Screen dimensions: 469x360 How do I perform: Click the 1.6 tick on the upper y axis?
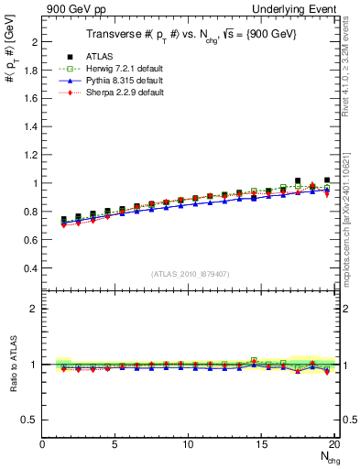click(29, 99)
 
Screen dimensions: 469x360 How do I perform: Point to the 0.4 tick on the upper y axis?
click(29, 268)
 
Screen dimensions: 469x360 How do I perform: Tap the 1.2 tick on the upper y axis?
click(29, 156)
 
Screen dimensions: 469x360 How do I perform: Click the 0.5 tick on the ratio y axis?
click(29, 420)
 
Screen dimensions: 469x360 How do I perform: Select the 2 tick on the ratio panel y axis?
click(35, 309)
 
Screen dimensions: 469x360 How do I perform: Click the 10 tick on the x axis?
click(188, 443)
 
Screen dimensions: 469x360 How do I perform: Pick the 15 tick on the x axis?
click(261, 443)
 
